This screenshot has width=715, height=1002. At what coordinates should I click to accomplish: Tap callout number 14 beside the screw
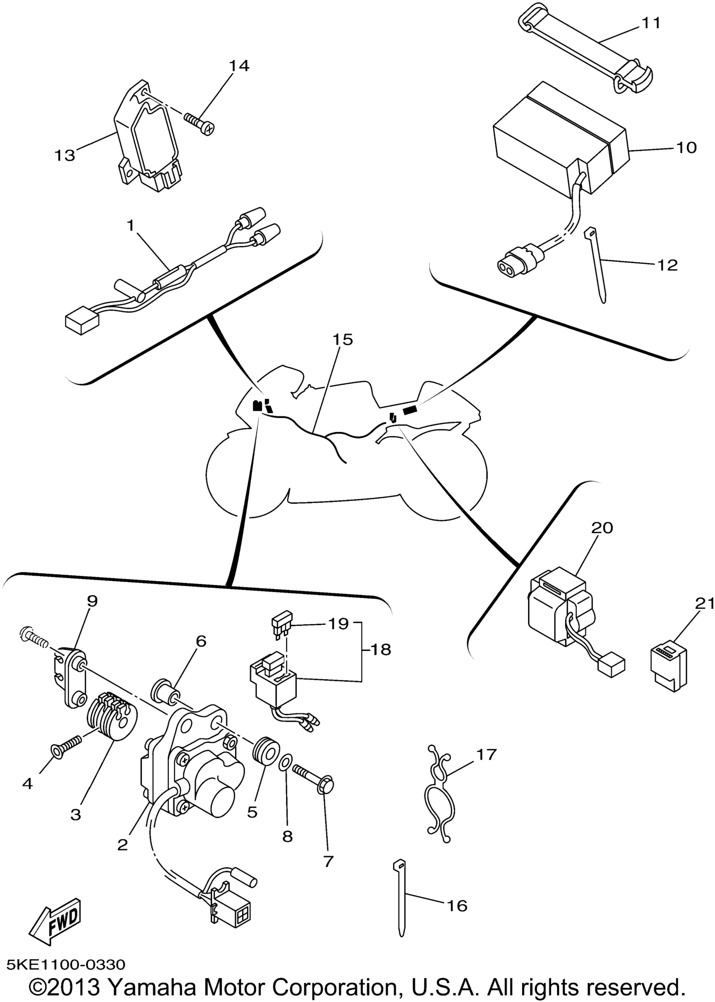239,66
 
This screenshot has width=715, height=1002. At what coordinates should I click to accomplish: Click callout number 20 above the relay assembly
602,527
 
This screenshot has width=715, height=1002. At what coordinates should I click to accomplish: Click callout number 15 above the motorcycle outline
342,340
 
